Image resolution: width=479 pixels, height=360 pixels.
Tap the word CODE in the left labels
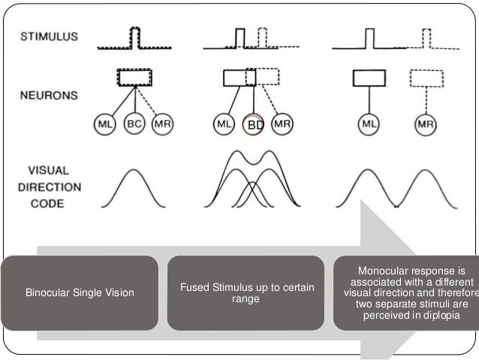pyautogui.click(x=40, y=204)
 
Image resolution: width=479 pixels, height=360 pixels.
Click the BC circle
pyautogui.click(x=134, y=124)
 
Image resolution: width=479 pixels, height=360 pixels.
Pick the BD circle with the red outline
pyautogui.click(x=255, y=125)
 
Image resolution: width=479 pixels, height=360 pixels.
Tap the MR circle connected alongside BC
pyautogui.click(x=162, y=124)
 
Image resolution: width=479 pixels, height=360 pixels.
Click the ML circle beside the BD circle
pyautogui.click(x=224, y=125)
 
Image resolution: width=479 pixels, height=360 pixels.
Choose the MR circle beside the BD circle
pyautogui.click(x=283, y=125)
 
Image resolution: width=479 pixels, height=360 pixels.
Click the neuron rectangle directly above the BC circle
pyautogui.click(x=134, y=77)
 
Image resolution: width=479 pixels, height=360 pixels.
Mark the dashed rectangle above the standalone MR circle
pyautogui.click(x=426, y=78)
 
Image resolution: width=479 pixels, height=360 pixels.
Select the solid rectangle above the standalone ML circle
pyautogui.click(x=369, y=78)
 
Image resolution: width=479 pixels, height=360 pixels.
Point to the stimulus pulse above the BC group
pyautogui.click(x=135, y=38)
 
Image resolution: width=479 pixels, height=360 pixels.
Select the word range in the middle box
pyautogui.click(x=247, y=298)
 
